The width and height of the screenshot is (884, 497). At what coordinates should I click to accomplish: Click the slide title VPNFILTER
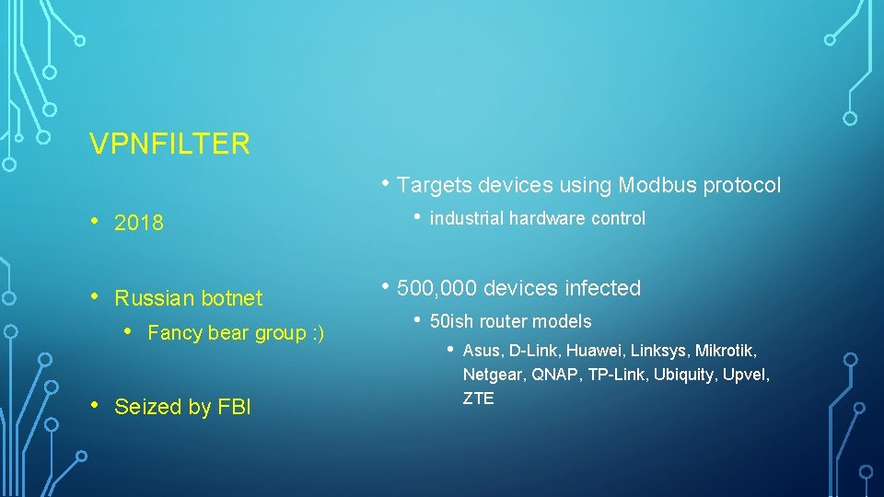click(x=169, y=144)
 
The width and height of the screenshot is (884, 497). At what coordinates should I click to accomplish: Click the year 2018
click(x=139, y=223)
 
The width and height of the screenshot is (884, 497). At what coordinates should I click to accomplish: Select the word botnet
click(x=231, y=298)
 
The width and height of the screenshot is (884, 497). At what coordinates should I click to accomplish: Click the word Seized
click(x=146, y=407)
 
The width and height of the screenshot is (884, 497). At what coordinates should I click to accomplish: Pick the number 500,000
click(x=437, y=288)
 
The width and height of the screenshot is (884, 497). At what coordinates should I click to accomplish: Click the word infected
click(x=602, y=288)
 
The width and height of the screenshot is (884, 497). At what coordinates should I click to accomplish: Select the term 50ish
click(x=451, y=321)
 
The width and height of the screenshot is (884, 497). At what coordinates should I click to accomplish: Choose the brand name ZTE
click(x=478, y=399)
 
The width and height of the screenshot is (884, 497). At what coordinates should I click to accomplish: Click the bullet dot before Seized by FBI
click(x=96, y=406)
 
